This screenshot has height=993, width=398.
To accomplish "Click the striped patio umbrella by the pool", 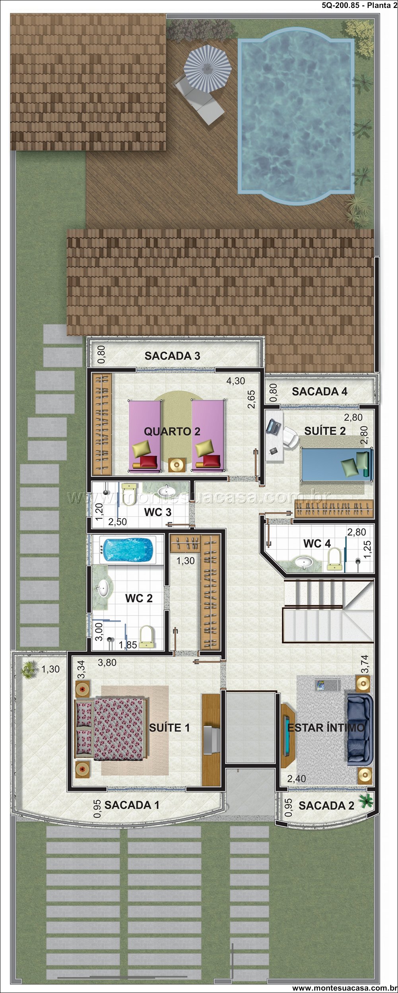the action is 207,68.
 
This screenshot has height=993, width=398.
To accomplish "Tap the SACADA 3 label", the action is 172,356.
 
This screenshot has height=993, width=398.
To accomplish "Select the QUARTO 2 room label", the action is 172,431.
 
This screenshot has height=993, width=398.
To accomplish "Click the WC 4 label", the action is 317,543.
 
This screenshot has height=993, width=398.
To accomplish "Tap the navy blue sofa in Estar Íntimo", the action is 360,729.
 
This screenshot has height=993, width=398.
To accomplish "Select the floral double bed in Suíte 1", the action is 111,729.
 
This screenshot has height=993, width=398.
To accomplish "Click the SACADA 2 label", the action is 326,806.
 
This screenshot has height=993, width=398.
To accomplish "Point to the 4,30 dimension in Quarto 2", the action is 236,381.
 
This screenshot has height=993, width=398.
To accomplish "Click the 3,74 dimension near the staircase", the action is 364,664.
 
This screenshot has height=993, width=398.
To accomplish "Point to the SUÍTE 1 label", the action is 169,728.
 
